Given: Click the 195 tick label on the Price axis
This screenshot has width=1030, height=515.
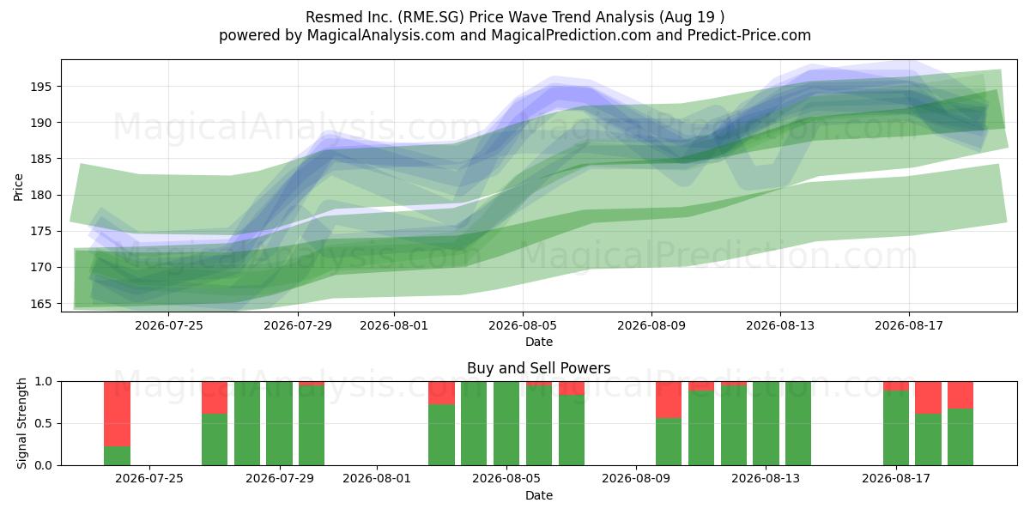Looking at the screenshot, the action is click(x=41, y=87).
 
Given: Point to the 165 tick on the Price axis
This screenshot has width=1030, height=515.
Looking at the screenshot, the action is click(x=41, y=304).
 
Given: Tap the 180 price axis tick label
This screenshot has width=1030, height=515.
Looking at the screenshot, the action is click(x=41, y=195).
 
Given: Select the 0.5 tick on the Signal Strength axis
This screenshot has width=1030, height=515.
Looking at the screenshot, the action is click(x=43, y=423).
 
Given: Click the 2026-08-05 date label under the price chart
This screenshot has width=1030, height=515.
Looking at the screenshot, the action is click(x=523, y=325).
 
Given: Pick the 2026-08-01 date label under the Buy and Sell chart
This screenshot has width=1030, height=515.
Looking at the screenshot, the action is click(x=377, y=478).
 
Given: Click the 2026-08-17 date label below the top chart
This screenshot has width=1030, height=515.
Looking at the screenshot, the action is click(x=909, y=325).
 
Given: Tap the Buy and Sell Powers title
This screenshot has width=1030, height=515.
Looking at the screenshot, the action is click(x=538, y=368).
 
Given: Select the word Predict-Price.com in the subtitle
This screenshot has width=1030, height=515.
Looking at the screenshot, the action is click(x=749, y=35).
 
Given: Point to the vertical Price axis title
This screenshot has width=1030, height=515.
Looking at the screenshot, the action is click(x=18, y=187).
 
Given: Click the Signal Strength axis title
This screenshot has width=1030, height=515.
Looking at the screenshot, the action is click(x=21, y=423).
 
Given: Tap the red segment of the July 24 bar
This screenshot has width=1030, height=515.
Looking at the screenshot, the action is click(x=118, y=414).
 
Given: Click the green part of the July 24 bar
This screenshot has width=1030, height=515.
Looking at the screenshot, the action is click(x=118, y=456).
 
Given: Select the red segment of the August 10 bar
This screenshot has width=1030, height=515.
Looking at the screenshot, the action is click(x=669, y=400).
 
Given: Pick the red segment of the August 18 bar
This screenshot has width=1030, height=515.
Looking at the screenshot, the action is click(x=928, y=397).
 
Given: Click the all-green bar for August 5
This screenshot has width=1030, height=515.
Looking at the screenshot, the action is click(x=506, y=423).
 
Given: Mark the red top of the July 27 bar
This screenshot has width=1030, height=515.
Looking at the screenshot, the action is click(x=215, y=397).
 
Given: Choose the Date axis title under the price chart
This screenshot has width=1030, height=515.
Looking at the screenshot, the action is click(x=539, y=342).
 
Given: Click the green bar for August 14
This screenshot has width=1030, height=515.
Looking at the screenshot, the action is click(x=798, y=423).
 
